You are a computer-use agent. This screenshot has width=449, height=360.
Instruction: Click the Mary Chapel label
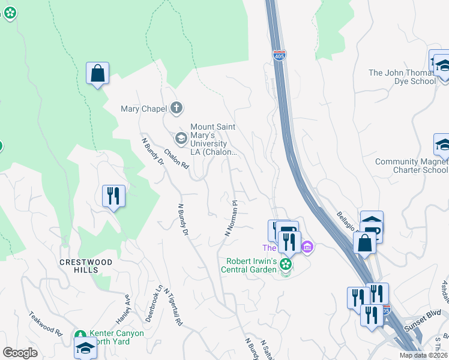[x=143, y=109]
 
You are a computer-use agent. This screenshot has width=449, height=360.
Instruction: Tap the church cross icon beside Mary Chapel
[x=176, y=108]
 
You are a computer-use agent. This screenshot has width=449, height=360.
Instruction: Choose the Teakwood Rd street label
[x=45, y=323]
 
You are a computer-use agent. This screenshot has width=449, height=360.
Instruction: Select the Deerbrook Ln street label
[x=159, y=300]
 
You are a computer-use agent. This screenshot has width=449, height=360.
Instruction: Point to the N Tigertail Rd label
[x=172, y=307]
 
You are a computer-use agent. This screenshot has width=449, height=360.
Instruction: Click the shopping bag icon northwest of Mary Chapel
[x=97, y=74]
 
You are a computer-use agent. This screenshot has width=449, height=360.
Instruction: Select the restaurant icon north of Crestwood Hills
[x=113, y=195]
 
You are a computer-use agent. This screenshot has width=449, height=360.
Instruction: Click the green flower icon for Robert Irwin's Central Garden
[x=286, y=264]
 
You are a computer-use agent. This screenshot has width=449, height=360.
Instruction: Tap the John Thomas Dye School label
[x=403, y=77]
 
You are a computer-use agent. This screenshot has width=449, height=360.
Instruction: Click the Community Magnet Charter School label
[x=411, y=166]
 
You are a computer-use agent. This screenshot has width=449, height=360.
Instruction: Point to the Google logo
[x=20, y=353]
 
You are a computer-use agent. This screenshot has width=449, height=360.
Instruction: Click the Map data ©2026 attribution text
[x=423, y=355]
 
